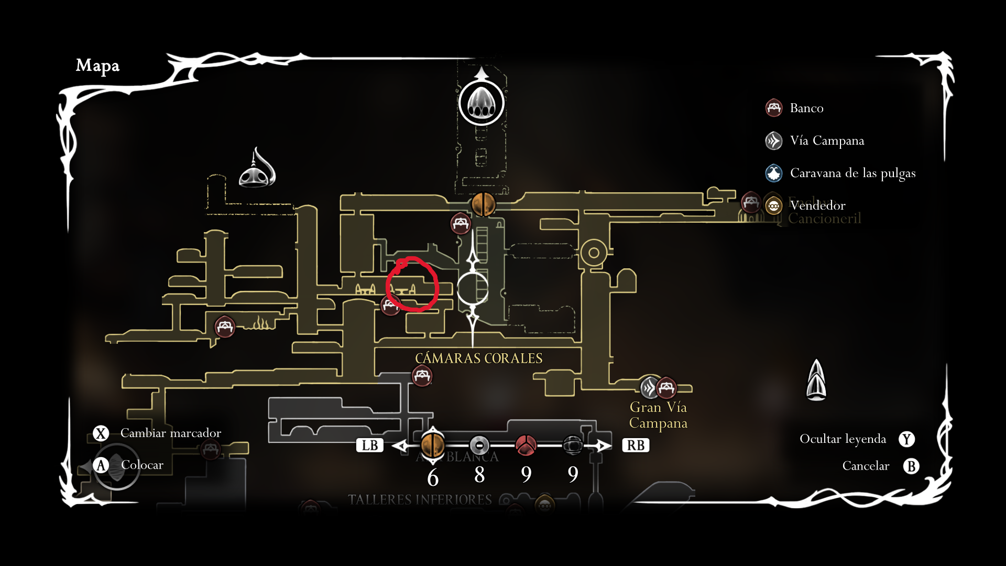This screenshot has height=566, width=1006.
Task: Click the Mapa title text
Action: pos(97,66)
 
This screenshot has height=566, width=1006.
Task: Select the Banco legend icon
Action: pos(773,108)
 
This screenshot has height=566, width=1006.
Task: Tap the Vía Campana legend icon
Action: pos(773,140)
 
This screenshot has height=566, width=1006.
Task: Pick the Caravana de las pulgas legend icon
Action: pos(773,173)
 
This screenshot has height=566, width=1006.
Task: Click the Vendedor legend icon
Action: pos(773,205)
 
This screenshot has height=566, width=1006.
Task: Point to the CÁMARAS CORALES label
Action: pos(478,358)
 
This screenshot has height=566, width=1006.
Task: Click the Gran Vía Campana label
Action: pos(658,415)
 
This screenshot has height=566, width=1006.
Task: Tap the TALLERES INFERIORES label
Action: pos(420,499)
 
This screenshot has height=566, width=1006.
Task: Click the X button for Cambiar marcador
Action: pos(101,433)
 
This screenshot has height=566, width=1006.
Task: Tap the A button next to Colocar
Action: pos(101,465)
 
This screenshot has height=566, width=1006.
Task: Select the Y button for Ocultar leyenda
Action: pos(907,439)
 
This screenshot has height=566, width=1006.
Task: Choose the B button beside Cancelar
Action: pos(911,466)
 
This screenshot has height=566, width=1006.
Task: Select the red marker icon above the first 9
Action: pos(526,445)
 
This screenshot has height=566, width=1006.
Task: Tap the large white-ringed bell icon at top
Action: pos(481,103)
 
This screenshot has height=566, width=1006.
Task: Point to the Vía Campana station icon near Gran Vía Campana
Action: pos(650,388)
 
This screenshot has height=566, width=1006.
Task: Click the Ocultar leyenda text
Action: pos(843,439)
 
